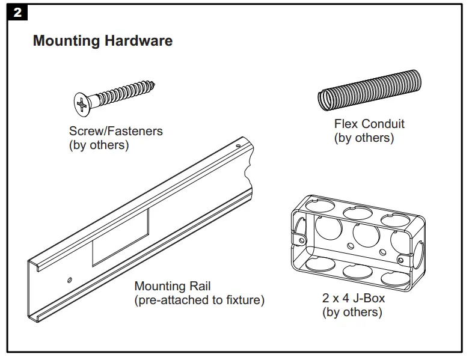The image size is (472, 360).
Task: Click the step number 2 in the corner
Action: (x=17, y=12)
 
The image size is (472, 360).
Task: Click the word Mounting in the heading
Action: (x=66, y=41)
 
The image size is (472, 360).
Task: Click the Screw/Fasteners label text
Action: (x=116, y=131)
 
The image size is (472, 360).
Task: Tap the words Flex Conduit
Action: (x=369, y=124)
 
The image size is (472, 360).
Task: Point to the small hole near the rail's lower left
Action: (x=70, y=279)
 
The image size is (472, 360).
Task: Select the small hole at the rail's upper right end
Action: (x=238, y=145)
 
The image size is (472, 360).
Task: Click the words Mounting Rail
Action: (x=173, y=286)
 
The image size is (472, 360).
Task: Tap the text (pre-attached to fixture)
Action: (x=199, y=300)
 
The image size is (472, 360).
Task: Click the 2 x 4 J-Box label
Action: (x=354, y=298)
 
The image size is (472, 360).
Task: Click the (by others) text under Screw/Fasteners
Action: (x=99, y=145)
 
